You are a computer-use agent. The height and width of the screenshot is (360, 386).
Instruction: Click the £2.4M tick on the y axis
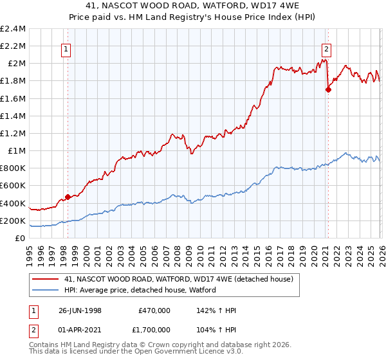(x=14, y=29)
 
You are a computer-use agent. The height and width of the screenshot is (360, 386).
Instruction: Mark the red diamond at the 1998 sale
(x=68, y=197)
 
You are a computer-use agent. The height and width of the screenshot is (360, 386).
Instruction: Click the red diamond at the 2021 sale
(x=328, y=89)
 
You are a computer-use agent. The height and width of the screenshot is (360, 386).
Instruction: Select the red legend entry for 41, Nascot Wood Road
(x=179, y=278)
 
